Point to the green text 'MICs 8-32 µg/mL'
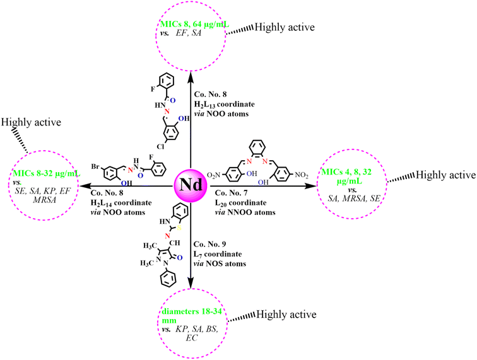44,171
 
